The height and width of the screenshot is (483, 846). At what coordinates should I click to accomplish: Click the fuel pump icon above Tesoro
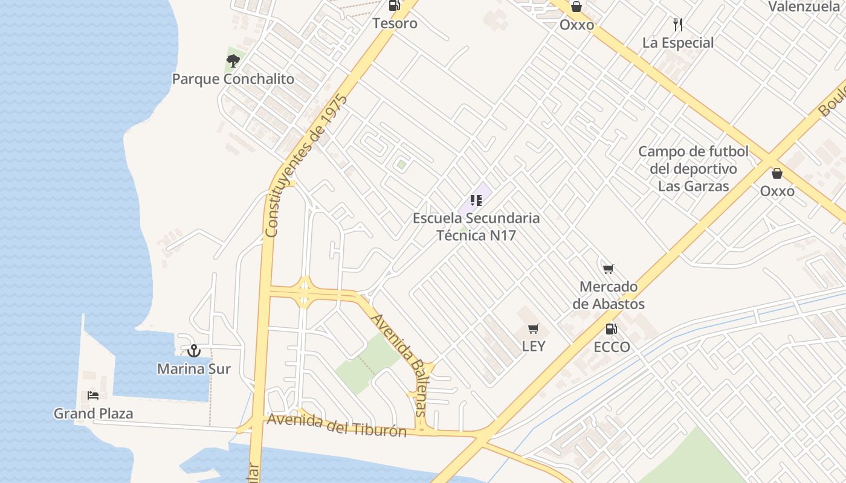point(395,6)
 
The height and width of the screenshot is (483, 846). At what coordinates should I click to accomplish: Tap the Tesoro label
point(395,24)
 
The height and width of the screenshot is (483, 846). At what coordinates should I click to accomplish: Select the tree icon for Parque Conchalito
point(233,60)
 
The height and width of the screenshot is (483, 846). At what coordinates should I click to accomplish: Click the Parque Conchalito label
point(233,79)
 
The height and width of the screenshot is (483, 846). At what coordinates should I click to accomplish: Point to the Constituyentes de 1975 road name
point(306,165)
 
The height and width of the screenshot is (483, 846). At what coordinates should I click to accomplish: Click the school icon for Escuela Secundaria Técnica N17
point(476,200)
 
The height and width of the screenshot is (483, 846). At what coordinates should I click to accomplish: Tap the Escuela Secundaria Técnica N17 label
point(476,226)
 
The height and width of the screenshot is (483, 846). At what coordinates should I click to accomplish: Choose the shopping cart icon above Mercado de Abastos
point(609,268)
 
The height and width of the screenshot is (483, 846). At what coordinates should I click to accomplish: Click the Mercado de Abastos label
point(609,295)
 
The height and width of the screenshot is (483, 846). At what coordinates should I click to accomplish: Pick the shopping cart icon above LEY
point(533,328)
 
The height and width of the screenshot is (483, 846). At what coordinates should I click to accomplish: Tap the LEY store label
point(534,346)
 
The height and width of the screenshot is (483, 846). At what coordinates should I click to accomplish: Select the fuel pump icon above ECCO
point(612,329)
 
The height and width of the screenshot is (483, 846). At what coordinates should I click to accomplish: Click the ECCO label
point(612,347)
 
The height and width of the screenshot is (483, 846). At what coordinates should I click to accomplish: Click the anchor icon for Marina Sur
point(194,351)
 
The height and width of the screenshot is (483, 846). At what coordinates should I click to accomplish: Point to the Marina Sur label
point(194,368)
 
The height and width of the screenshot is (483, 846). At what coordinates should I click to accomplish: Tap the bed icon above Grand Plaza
point(93,395)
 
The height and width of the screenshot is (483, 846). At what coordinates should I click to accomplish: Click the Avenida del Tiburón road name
point(337,425)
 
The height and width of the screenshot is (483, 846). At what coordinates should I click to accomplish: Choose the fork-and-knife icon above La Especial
point(678,25)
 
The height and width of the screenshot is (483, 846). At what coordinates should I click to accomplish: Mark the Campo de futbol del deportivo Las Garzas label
point(693,168)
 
